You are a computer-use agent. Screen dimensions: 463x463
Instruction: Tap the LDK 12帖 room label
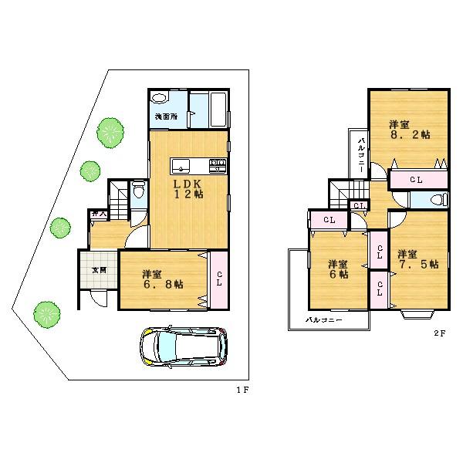188,188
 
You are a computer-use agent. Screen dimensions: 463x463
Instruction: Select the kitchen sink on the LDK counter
179,163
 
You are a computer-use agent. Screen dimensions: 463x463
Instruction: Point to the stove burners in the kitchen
218,163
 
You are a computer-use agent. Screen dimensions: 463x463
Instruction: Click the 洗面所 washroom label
165,117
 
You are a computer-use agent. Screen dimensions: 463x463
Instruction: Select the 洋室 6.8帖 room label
161,279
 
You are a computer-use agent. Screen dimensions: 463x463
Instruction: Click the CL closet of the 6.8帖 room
219,279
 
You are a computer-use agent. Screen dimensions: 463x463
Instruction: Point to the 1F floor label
242,390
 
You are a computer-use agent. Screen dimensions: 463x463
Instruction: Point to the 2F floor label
438,333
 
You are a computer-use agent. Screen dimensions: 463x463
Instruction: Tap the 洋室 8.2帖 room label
408,129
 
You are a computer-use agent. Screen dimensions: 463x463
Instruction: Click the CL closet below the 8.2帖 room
417,179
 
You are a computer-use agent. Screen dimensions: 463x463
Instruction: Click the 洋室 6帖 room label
337,267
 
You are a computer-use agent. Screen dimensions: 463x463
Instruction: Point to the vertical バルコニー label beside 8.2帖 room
361,154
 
